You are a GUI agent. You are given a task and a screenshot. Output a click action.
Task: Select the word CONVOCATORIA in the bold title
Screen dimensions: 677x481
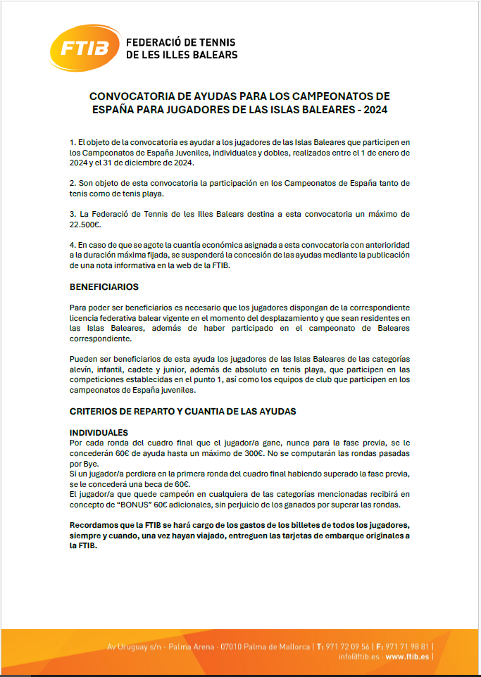pyautogui.click(x=130, y=96)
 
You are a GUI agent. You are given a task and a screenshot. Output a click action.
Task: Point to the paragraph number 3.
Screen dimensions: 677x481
pyautogui.click(x=72, y=213)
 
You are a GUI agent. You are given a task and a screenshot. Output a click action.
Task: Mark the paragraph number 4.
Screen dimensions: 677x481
pyautogui.click(x=72, y=243)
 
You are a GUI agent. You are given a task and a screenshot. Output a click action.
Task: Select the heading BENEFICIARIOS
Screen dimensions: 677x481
pyautogui.click(x=104, y=287)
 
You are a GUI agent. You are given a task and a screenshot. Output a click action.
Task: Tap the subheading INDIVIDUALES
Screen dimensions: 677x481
pyautogui.click(x=99, y=432)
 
